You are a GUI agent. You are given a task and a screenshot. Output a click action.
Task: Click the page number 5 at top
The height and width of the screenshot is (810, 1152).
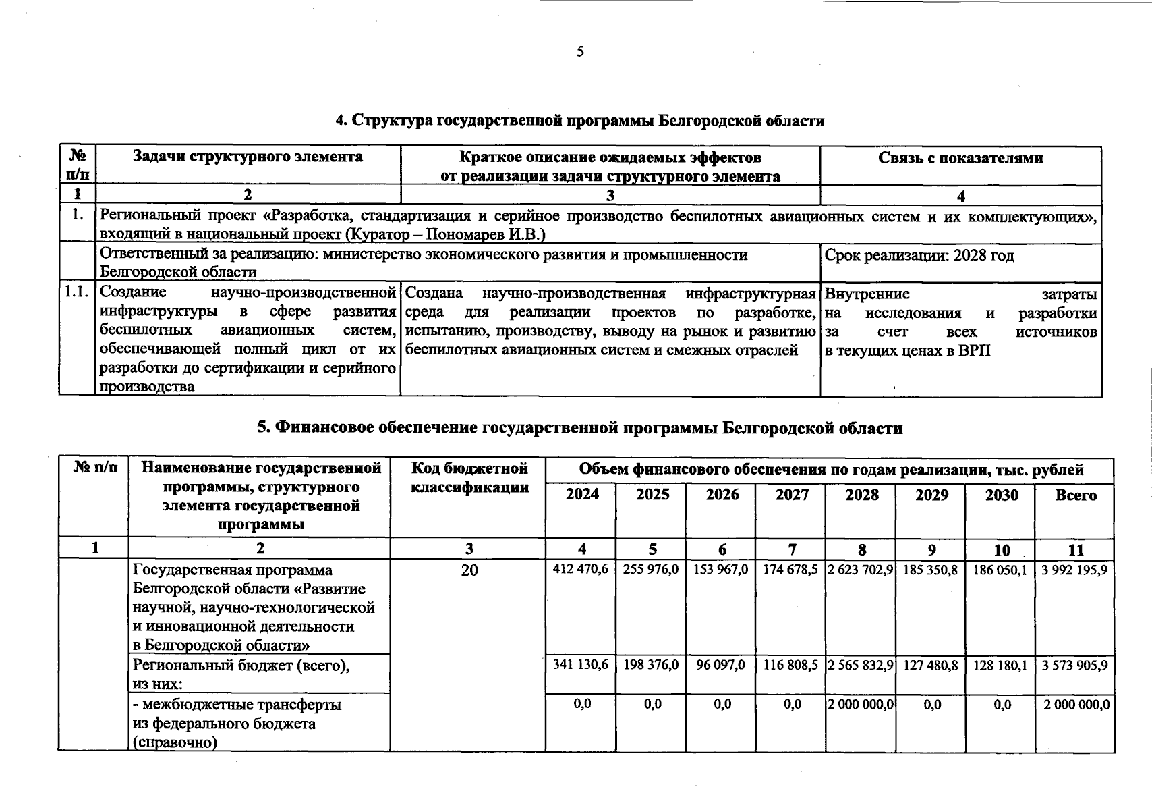point(580,52)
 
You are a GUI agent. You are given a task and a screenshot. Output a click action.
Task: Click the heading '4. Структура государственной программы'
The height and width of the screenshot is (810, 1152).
point(580,122)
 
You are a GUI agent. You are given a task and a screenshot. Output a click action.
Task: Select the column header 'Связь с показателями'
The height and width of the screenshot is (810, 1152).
point(960,158)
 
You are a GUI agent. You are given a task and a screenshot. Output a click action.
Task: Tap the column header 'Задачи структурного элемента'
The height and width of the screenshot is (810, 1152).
point(248,157)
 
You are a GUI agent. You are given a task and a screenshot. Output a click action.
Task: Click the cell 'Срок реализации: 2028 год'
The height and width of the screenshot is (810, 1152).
point(919,256)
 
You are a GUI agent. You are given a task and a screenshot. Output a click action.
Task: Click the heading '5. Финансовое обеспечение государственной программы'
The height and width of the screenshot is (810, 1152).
point(580,428)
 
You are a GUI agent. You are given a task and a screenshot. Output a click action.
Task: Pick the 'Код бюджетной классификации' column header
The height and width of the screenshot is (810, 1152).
point(469,478)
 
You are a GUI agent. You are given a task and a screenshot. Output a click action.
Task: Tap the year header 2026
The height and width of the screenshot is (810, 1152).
point(722,495)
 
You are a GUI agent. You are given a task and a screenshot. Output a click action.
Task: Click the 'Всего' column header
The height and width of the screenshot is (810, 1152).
point(1075,495)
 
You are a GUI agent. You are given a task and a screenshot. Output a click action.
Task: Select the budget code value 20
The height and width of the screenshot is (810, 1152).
point(469,570)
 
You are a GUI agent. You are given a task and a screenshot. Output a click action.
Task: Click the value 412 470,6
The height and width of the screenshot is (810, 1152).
point(580,570)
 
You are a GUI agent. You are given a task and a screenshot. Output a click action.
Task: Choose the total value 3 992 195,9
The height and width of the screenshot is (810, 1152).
point(1074,570)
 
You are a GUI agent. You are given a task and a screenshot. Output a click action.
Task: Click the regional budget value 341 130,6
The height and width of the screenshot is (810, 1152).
point(580,665)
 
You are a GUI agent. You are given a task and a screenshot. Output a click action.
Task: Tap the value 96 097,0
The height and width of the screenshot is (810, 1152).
point(721,665)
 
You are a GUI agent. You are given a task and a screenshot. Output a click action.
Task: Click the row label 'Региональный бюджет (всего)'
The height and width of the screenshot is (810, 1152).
point(241,666)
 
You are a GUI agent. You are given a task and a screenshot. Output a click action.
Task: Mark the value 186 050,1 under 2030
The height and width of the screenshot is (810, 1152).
point(1000,570)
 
